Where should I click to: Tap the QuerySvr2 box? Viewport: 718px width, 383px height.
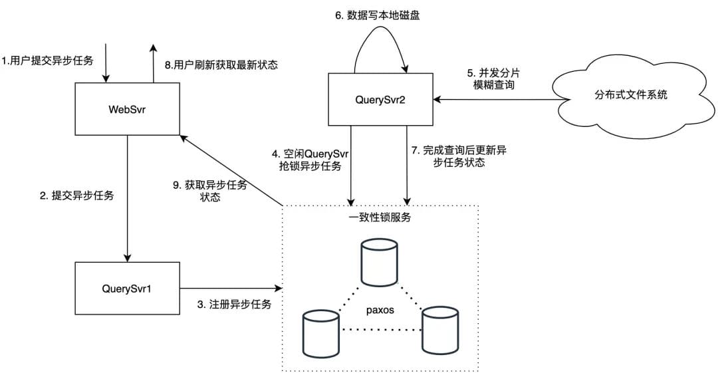(380, 99)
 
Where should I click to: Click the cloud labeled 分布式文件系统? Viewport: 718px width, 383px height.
(631, 94)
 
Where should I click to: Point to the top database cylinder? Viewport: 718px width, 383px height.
(380, 263)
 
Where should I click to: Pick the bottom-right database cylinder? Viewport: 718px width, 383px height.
(439, 328)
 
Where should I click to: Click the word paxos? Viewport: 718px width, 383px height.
(380, 311)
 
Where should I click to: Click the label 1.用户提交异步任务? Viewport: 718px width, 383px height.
(47, 61)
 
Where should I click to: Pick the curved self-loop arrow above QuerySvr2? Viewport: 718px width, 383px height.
(381, 40)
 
